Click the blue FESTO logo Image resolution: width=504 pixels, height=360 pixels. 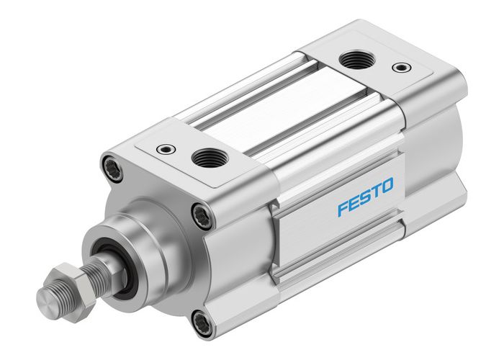click(x=365, y=199)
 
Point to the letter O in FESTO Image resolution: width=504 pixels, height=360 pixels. click(x=387, y=189)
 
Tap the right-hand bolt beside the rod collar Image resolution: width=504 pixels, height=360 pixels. click(x=202, y=215)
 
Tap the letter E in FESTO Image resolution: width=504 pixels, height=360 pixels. click(x=353, y=204)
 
